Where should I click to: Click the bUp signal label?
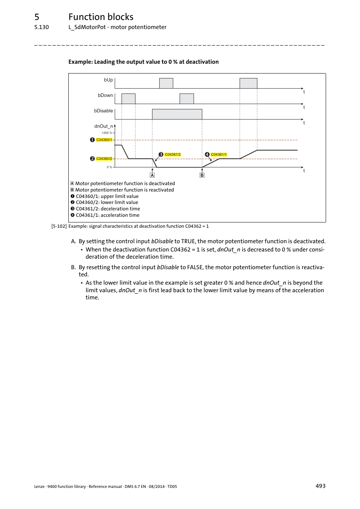pos(108,80)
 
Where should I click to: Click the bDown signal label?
pos(105,95)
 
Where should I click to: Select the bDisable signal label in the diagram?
pos(103,111)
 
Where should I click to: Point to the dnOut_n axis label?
pos(104,126)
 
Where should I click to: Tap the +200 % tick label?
pos(107,133)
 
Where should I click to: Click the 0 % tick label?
pos(109,167)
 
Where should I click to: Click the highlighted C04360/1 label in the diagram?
pos(104,140)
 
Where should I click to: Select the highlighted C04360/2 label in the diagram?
pos(104,159)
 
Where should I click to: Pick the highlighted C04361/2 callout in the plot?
pos(173,155)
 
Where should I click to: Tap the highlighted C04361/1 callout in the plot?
pos(219,155)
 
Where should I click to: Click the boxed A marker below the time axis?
pos(152,175)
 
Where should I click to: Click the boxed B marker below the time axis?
pos(202,175)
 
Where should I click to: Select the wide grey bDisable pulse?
pos(177,114)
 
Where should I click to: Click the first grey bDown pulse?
pos(128,99)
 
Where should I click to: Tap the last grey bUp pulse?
pos(248,83)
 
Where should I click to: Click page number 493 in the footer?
pos(320,486)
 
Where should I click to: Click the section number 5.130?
pos(42,27)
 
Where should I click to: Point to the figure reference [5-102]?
pos(59,226)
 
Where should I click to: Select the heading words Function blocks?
pos(101,17)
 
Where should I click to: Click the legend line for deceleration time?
pos(108,209)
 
